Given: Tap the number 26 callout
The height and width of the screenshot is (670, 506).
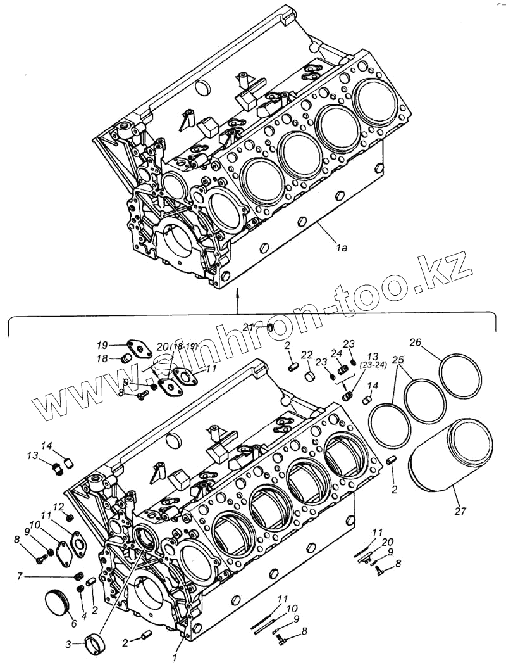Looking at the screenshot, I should pos(415,343).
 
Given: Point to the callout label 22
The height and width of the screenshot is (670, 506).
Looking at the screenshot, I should pos(307,354).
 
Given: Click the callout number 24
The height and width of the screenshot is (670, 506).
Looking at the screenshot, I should pos(336,353).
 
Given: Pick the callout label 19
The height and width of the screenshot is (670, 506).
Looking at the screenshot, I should pos(102,345).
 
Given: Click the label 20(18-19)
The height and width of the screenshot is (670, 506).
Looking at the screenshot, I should pos(177,346).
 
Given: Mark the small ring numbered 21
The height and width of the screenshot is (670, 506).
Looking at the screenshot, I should pos(269,327).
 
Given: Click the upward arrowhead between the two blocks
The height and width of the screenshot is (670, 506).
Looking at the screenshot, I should pos(237,292).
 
